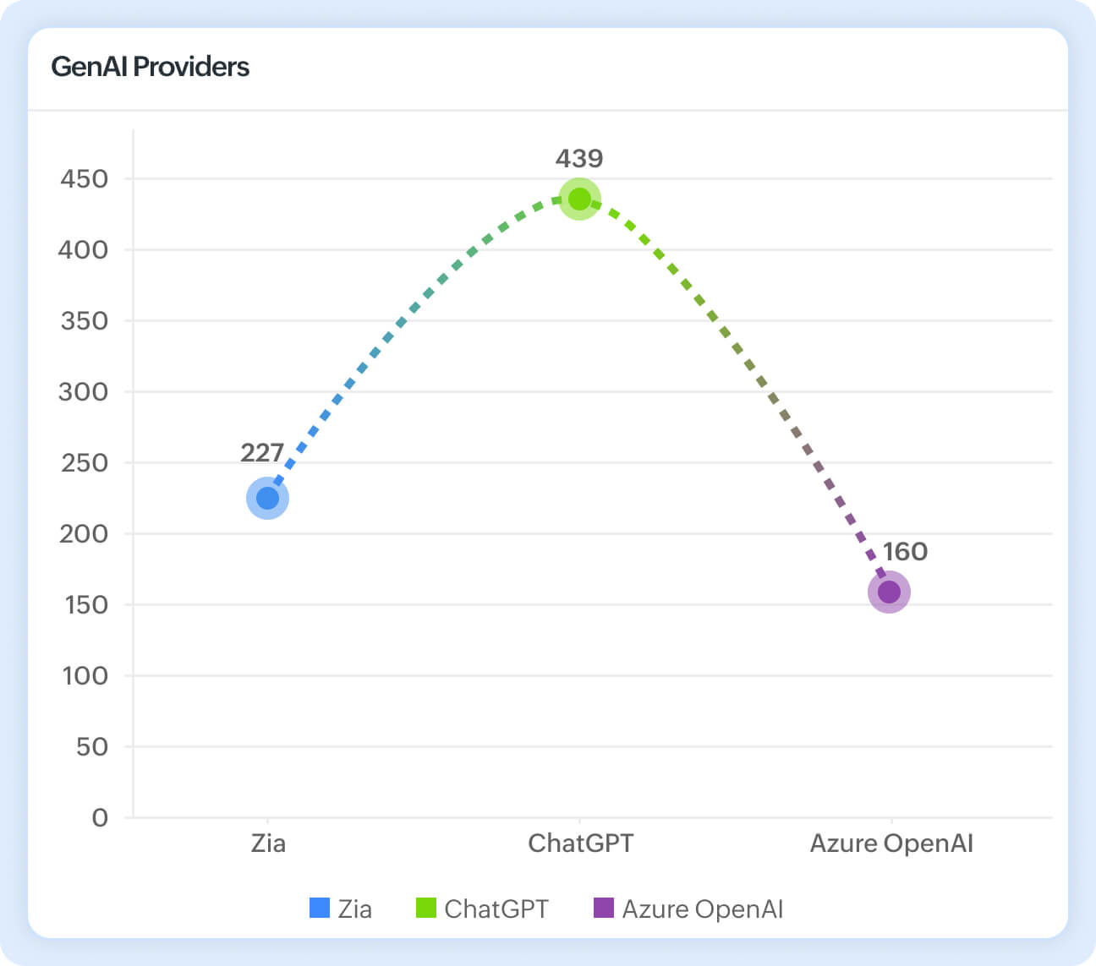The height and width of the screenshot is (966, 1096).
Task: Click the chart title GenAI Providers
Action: click(150, 67)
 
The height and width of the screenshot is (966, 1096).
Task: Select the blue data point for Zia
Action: click(267, 499)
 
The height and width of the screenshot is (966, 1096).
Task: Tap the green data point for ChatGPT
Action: click(579, 199)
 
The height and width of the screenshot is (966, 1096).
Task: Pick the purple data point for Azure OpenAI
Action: click(889, 592)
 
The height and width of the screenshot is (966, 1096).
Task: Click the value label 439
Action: click(579, 159)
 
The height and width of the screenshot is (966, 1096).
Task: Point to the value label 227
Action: click(262, 453)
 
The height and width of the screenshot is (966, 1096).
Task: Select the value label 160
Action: click(905, 552)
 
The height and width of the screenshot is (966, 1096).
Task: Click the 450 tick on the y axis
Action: click(85, 179)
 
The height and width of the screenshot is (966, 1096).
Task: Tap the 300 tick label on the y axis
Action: click(84, 392)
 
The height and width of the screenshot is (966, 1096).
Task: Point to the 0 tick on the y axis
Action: click(100, 817)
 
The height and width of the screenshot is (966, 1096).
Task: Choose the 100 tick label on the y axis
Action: click(85, 676)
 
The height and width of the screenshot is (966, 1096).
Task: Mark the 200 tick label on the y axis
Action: click(84, 534)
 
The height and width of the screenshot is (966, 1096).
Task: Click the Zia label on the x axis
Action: click(268, 843)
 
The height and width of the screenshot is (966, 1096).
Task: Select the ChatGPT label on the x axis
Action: click(580, 843)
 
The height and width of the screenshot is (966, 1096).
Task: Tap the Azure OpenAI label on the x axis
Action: click(891, 843)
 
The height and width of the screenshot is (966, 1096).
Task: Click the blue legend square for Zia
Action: click(320, 908)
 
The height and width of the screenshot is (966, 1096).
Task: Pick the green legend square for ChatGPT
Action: click(426, 908)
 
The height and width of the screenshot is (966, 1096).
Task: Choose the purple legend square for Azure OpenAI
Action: click(603, 908)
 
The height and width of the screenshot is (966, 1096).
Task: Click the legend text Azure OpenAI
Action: click(702, 909)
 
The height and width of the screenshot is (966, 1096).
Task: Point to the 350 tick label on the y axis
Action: click(85, 321)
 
